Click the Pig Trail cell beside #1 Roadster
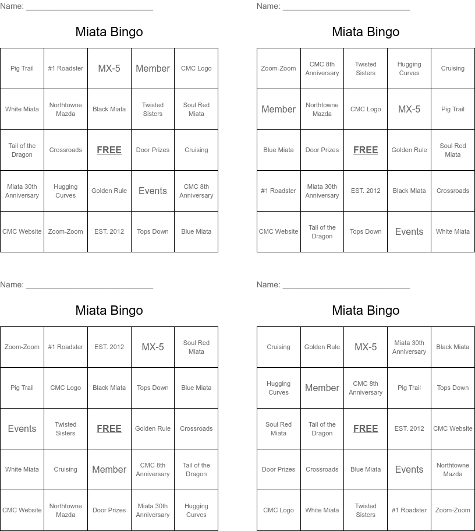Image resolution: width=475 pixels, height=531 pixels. pyautogui.click(x=22, y=68)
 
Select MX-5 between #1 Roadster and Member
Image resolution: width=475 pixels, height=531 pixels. pyautogui.click(x=109, y=68)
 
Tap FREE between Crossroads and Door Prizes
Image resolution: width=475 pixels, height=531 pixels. pyautogui.click(x=109, y=150)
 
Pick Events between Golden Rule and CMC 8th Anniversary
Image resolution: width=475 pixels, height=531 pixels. pyautogui.click(x=153, y=191)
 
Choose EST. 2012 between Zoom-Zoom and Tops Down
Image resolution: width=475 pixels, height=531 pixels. pyautogui.click(x=109, y=231)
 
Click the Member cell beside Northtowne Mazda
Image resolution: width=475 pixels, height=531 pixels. pyautogui.click(x=278, y=109)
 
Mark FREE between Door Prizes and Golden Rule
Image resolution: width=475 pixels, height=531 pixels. pyautogui.click(x=366, y=150)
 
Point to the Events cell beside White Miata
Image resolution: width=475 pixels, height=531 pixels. pyautogui.click(x=409, y=231)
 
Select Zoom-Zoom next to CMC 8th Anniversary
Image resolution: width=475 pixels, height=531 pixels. pyautogui.click(x=278, y=68)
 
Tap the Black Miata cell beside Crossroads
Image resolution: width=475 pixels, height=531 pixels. pyautogui.click(x=409, y=191)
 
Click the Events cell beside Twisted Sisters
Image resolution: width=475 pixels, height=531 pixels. pyautogui.click(x=22, y=428)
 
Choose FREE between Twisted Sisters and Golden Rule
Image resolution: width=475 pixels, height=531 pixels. pyautogui.click(x=109, y=428)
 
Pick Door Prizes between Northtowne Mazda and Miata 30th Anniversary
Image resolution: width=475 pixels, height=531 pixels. pyautogui.click(x=109, y=510)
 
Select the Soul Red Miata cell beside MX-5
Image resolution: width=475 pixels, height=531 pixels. pyautogui.click(x=196, y=347)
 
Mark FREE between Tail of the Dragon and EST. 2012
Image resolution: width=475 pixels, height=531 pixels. pyautogui.click(x=366, y=428)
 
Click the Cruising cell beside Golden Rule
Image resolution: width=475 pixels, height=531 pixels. pyautogui.click(x=278, y=347)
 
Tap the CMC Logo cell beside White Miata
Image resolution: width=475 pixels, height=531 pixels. pyautogui.click(x=278, y=510)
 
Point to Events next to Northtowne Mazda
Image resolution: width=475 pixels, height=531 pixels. pyautogui.click(x=409, y=469)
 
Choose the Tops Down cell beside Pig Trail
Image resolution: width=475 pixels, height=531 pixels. pyautogui.click(x=453, y=388)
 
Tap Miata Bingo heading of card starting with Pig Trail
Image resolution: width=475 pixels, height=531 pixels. pyautogui.click(x=109, y=31)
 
